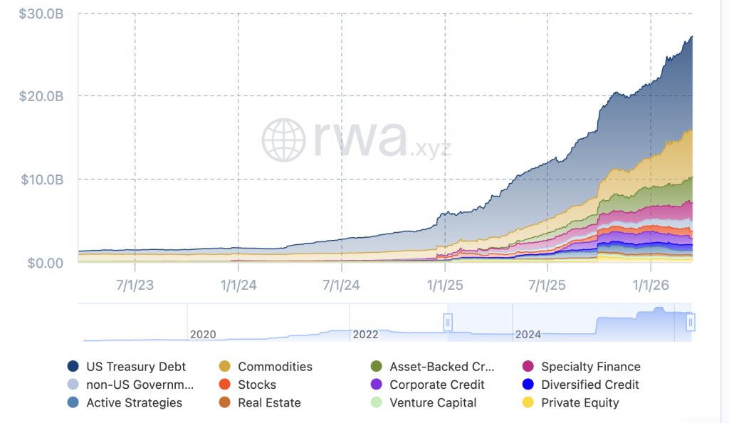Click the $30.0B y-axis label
[x=41, y=13]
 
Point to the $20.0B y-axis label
[x=41, y=96]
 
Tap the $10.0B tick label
[x=41, y=179]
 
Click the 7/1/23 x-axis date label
[x=135, y=286]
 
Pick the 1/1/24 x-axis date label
[x=238, y=286]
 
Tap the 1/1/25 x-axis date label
[x=445, y=286]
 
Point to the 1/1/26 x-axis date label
[x=651, y=286]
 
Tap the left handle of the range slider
[x=448, y=323]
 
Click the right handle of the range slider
[x=690, y=323]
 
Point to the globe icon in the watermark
[x=283, y=140]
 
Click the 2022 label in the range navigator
[x=365, y=334]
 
